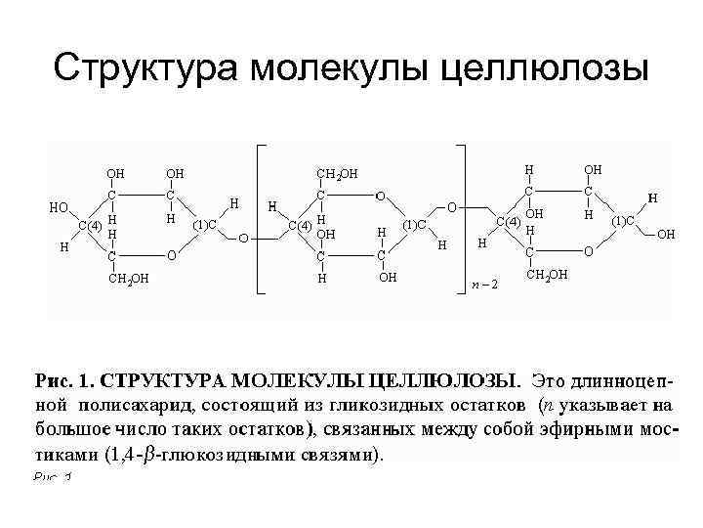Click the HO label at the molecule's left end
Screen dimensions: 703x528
coord(60,207)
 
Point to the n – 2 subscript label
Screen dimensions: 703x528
coord(483,285)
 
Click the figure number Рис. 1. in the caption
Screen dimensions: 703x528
coord(63,379)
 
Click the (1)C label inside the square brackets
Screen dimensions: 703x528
coord(415,225)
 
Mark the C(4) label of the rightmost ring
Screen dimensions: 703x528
coord(508,221)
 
